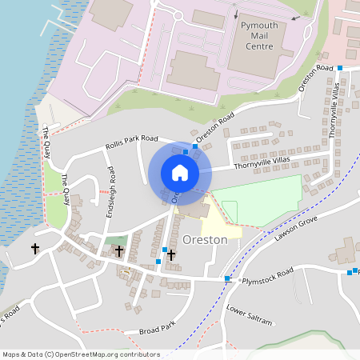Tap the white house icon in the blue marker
click(180, 172)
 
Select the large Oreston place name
click(205, 239)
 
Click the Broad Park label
click(156, 330)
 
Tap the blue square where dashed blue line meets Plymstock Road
click(228, 279)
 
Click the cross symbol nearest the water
click(35, 249)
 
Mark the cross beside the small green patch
click(119, 251)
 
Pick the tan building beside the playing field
click(197, 210)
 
